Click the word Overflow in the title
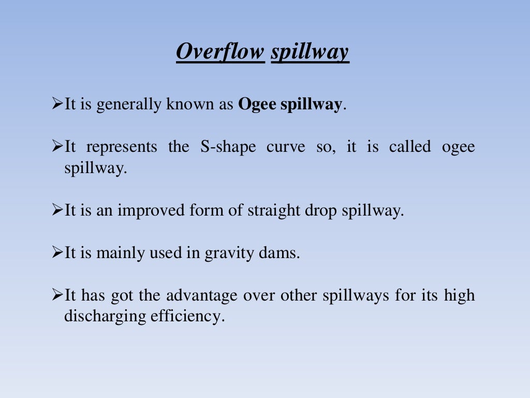(220, 52)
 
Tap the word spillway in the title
(310, 52)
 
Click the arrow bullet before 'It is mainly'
(57, 254)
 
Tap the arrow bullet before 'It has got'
(57, 296)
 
